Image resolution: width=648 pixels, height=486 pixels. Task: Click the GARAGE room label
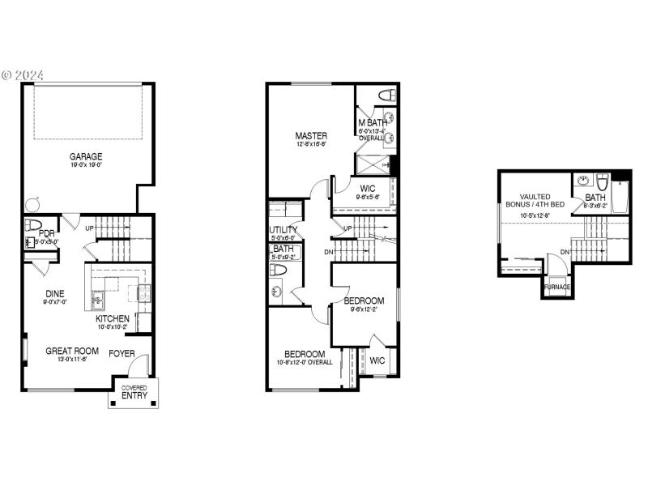pyautogui.click(x=86, y=156)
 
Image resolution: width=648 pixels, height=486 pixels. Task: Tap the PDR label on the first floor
pyautogui.click(x=45, y=234)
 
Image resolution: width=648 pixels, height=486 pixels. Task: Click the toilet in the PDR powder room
pyautogui.click(x=32, y=224)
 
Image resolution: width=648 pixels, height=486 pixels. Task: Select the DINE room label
pyautogui.click(x=55, y=294)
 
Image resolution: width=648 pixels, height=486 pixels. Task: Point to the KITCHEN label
pyautogui.click(x=112, y=318)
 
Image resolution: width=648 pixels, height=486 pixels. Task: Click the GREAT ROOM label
pyautogui.click(x=71, y=352)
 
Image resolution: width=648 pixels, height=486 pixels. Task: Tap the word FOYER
pyautogui.click(x=122, y=353)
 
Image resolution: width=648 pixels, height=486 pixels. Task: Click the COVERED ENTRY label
pyautogui.click(x=134, y=392)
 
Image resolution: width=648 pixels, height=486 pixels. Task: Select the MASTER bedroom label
pyautogui.click(x=311, y=135)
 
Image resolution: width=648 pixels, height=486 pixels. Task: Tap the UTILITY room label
pyautogui.click(x=283, y=230)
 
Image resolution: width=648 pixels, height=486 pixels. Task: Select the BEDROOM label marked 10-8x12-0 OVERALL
pyautogui.click(x=305, y=354)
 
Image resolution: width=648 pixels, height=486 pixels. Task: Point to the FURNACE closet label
pyautogui.click(x=556, y=287)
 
